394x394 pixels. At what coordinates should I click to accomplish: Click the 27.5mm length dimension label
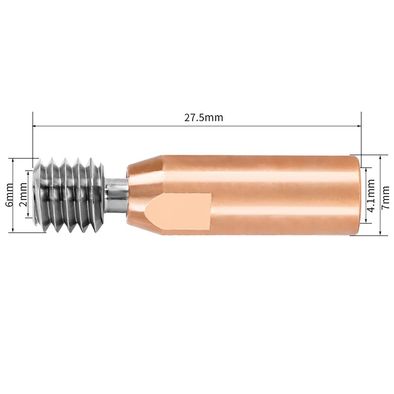pyautogui.click(x=203, y=118)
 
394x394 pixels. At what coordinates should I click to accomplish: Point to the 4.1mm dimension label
pyautogui.click(x=371, y=196)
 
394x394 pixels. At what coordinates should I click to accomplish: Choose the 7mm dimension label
pyautogui.click(x=385, y=197)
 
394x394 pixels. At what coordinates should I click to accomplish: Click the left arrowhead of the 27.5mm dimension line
pyautogui.click(x=35, y=126)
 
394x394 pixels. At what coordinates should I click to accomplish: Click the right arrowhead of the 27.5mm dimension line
pyautogui.click(x=359, y=126)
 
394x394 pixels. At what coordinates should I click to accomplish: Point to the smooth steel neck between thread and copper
pyautogui.click(x=116, y=195)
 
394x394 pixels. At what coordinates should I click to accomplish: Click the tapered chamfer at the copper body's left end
pyautogui.click(x=143, y=195)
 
